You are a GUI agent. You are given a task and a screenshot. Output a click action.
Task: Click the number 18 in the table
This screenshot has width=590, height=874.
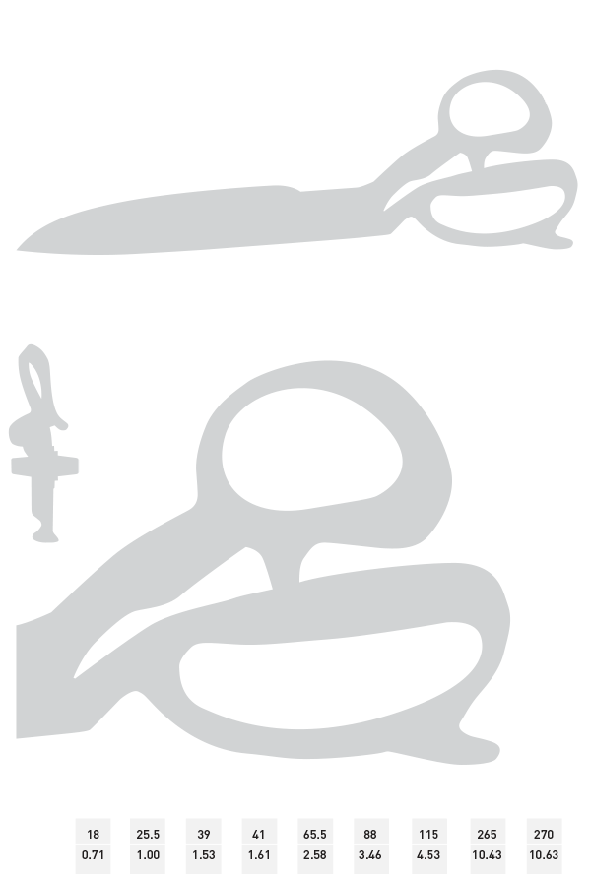tap(93, 834)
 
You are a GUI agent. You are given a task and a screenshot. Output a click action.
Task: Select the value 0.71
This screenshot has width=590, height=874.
tap(93, 854)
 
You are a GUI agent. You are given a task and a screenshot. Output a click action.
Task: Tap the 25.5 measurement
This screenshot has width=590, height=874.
tap(148, 834)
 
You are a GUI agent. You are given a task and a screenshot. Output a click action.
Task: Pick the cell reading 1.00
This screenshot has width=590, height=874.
tap(148, 854)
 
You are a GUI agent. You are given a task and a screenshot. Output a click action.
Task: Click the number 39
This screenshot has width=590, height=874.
tap(204, 834)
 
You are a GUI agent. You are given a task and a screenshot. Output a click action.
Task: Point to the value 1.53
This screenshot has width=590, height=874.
tap(204, 854)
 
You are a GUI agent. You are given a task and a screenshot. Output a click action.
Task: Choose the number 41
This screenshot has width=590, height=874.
tap(259, 834)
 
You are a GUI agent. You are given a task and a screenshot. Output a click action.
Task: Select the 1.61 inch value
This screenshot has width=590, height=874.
tap(259, 854)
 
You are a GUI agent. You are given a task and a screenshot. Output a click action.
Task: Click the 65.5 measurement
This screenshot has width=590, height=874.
tap(314, 834)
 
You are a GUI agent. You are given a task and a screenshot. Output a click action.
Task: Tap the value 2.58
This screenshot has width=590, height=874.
tap(314, 854)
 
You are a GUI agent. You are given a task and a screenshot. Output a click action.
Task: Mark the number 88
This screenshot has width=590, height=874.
tap(370, 834)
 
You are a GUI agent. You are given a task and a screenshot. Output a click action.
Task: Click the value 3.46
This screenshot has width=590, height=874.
tap(370, 854)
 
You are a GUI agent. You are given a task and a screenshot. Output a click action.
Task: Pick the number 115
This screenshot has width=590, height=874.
tap(428, 834)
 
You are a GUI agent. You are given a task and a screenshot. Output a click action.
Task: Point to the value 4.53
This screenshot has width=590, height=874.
tap(428, 854)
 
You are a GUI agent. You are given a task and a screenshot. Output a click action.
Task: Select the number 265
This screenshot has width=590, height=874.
tap(487, 834)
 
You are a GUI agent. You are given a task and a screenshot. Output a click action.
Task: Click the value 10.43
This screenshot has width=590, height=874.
tap(487, 854)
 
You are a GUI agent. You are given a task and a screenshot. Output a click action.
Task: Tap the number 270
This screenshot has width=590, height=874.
tap(543, 834)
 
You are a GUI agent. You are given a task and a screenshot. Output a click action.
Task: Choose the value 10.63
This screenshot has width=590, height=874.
tap(543, 854)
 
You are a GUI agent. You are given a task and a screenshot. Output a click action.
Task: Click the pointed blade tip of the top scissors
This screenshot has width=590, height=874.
tap(18, 249)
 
